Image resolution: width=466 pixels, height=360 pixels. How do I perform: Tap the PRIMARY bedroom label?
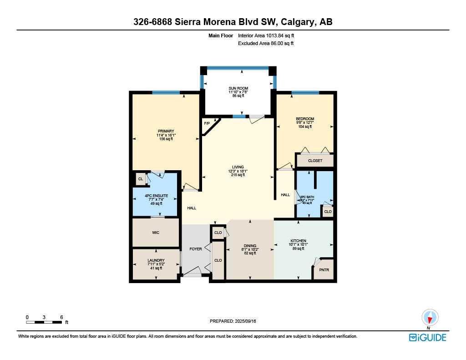tap(166, 131)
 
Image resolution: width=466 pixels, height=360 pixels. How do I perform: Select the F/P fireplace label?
tap(207, 123)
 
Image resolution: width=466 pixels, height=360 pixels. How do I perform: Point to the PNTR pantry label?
tap(324, 270)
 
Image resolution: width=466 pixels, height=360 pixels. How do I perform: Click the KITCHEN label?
tap(299, 241)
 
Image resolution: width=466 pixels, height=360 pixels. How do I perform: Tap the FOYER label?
tap(196, 249)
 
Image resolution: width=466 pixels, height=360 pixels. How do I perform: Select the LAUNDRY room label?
tap(156, 261)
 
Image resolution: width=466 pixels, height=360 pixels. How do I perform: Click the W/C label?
tap(156, 233)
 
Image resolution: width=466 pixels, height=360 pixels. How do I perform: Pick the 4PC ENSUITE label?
tap(157, 196)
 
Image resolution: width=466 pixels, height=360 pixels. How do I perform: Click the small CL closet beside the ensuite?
tap(141, 179)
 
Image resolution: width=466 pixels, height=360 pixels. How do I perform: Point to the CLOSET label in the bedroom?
tap(315, 161)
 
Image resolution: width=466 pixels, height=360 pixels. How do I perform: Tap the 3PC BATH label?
tap(306, 197)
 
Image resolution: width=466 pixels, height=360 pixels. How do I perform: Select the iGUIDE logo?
tap(427, 337)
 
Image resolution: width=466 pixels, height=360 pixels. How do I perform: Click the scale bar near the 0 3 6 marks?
tap(44, 322)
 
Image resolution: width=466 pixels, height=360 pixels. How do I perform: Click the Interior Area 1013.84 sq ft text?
tap(269, 35)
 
